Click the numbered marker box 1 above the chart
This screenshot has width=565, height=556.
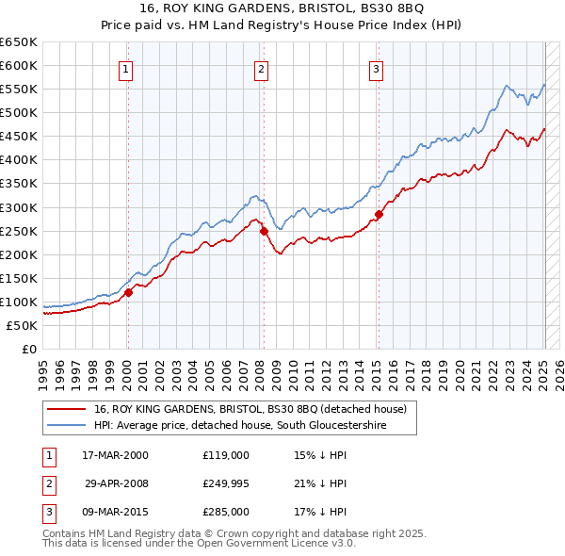pyautogui.click(x=125, y=68)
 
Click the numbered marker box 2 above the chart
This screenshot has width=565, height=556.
pyautogui.click(x=261, y=68)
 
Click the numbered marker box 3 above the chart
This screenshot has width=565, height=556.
pyautogui.click(x=376, y=68)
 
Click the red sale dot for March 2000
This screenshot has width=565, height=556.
pyautogui.click(x=128, y=292)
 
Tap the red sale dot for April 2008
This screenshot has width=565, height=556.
pyautogui.click(x=265, y=230)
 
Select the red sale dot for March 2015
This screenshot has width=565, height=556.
pyautogui.click(x=379, y=214)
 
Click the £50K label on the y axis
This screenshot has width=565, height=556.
pyautogui.click(x=22, y=325)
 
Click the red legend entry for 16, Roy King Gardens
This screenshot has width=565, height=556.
pyautogui.click(x=250, y=409)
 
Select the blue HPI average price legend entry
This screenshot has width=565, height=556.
pyautogui.click(x=253, y=426)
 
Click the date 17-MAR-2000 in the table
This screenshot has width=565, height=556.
pyautogui.click(x=115, y=455)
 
